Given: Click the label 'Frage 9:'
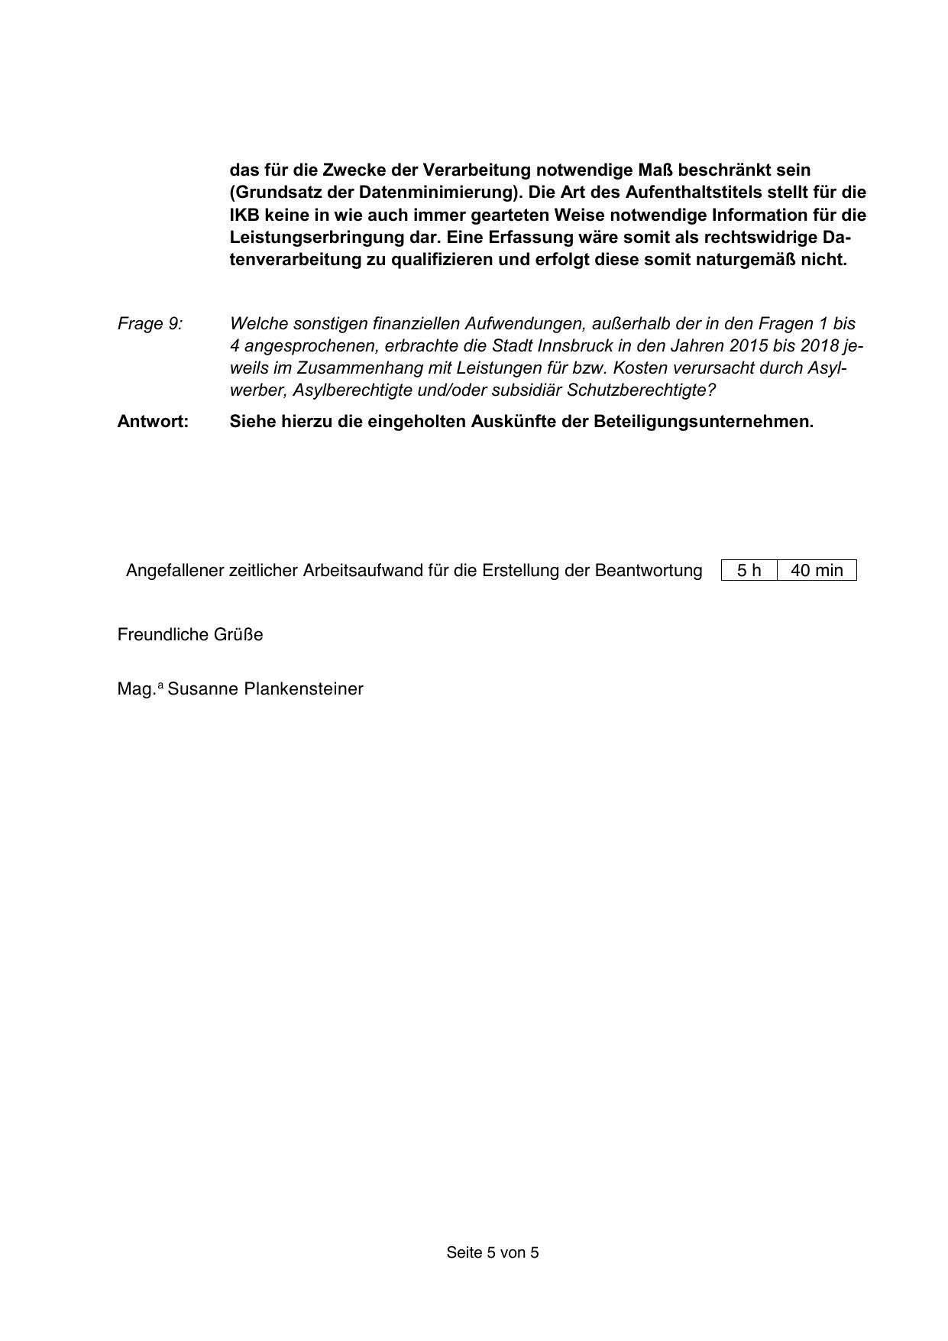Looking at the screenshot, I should (x=150, y=324).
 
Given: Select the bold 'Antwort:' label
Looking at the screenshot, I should (x=153, y=422).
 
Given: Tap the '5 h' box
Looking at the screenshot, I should (x=749, y=571).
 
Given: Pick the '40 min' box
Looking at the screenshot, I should (x=817, y=571).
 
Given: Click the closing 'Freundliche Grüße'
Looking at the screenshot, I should (x=190, y=635).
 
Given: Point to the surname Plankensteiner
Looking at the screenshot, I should (x=303, y=689).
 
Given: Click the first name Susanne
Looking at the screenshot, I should (x=202, y=689).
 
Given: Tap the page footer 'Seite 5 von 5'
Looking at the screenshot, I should (x=493, y=1252).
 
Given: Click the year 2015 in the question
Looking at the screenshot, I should (x=745, y=346).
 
